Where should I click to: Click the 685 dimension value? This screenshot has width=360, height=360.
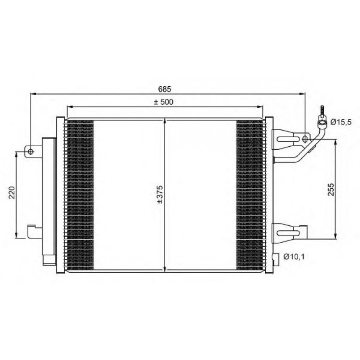pos(165,89)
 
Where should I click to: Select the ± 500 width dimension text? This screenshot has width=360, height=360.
pos(164,102)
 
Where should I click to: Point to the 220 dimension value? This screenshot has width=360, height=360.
pos(12,193)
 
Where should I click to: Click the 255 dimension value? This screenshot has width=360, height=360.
pos(331,189)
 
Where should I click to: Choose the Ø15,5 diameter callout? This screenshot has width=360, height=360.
pos(341,122)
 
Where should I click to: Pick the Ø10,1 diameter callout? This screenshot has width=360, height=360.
pos(294,256)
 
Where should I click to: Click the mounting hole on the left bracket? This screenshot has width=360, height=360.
pos(30,152)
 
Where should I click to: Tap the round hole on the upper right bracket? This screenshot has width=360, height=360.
pos(305,139)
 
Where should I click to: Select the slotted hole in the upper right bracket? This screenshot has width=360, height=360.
pos(288,139)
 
